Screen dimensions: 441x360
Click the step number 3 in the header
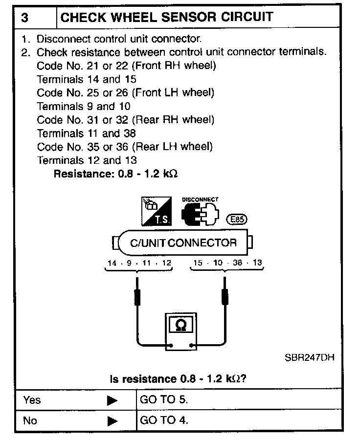pos(25,17)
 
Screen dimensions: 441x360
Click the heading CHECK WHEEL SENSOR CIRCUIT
pos(166,17)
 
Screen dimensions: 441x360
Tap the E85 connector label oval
pos(237,220)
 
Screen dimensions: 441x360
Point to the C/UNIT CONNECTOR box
pos(182,243)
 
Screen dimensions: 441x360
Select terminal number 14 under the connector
pos(112,263)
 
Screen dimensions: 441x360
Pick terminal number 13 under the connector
pos(257,263)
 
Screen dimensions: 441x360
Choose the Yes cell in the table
pos(32,400)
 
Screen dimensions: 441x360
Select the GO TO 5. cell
pos(164,400)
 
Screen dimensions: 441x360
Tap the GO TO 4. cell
pos(164,420)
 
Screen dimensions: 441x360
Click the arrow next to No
pos(112,420)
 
